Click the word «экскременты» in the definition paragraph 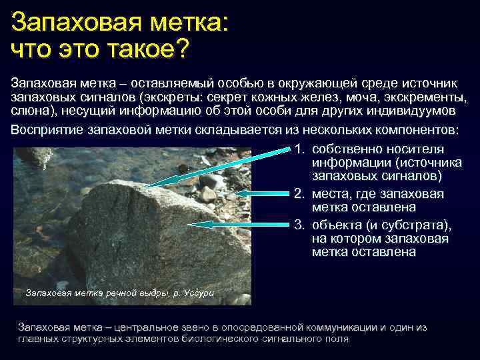(426, 97)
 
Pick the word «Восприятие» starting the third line (47, 129)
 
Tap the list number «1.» (300, 149)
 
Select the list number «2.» (300, 194)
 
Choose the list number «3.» (300, 225)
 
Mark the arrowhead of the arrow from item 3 (199, 225)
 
